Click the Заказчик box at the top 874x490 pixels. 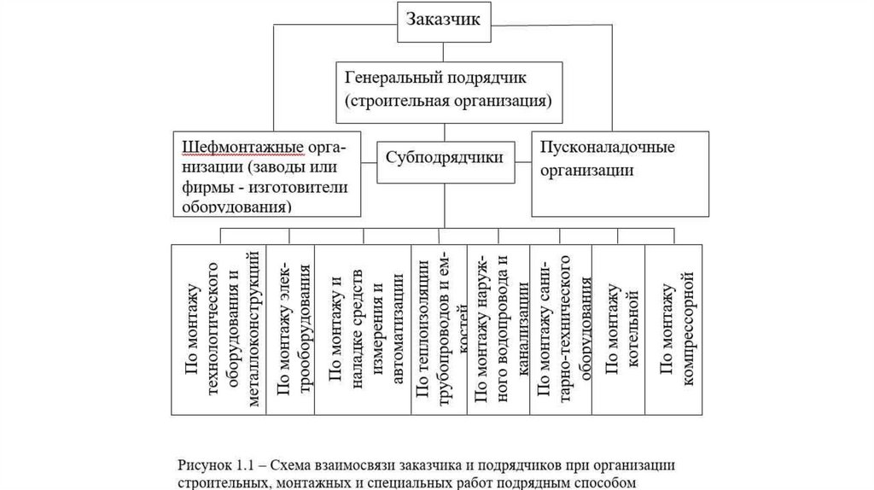pos(446,20)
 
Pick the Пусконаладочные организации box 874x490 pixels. pos(620,172)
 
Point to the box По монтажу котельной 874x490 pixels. pos(619,330)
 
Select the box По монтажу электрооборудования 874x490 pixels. pos(291,330)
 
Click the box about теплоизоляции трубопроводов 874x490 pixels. pos(440,330)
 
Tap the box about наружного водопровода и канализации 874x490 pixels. pos(499,330)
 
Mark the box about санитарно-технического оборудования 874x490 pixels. pos(560,330)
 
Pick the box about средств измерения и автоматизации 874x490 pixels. pos(363,330)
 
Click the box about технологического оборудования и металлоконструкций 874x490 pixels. pos(219,330)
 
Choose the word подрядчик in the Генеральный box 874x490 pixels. pos(485,78)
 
